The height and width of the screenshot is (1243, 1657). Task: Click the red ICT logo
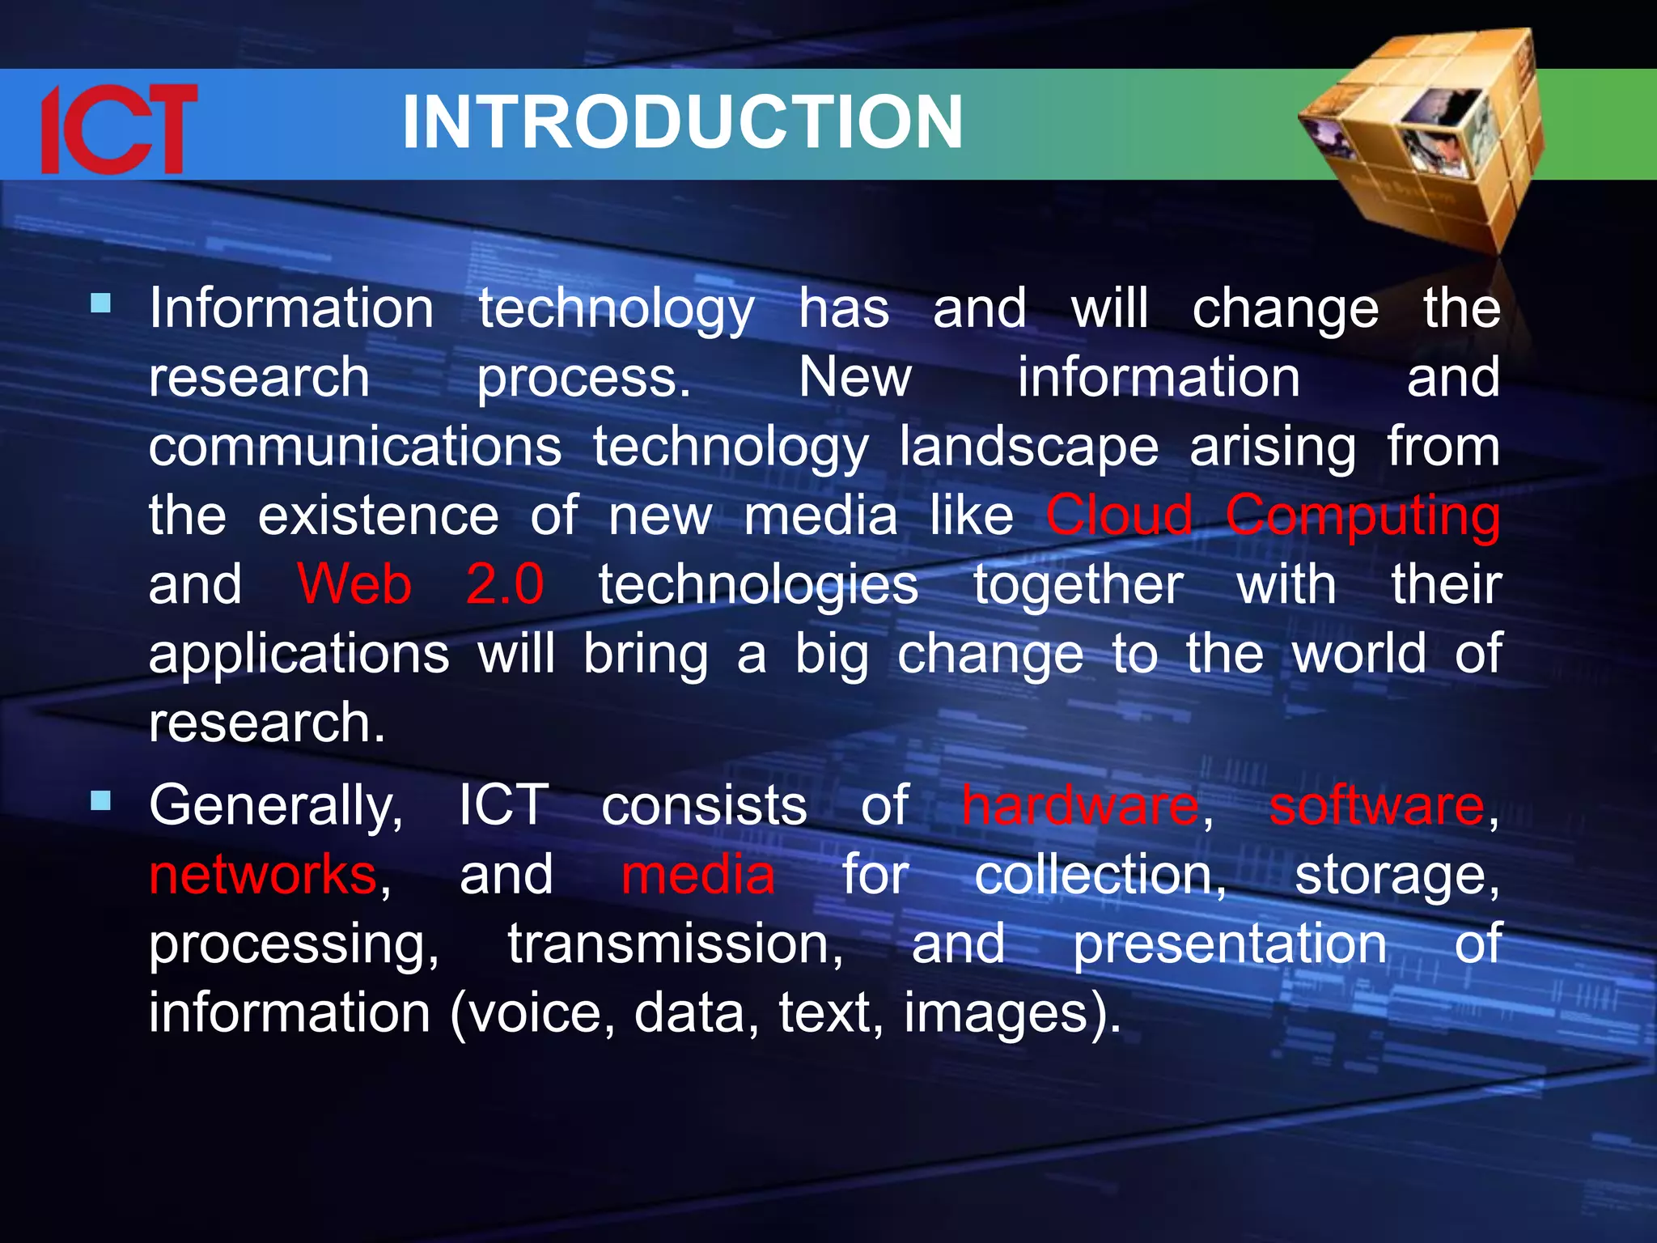click(x=119, y=129)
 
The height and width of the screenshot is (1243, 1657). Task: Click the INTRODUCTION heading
click(x=682, y=123)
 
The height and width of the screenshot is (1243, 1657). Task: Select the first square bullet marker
click(x=101, y=303)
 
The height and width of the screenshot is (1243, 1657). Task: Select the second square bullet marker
click(x=101, y=801)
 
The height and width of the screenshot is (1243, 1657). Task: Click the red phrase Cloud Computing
click(x=1273, y=515)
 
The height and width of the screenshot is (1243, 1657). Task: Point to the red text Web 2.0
click(x=420, y=584)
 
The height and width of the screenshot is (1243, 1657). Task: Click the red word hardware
click(x=1080, y=806)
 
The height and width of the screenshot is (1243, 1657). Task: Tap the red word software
click(x=1376, y=806)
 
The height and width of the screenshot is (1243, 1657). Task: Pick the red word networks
click(x=263, y=876)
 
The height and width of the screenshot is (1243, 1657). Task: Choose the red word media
click(x=697, y=876)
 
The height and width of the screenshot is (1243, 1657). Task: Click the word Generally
click(x=275, y=808)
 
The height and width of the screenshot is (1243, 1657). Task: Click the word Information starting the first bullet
click(x=291, y=308)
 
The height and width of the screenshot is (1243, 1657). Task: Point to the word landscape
click(x=1028, y=448)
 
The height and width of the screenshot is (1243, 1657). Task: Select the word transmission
click(x=675, y=945)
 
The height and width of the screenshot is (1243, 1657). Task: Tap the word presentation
click(x=1230, y=945)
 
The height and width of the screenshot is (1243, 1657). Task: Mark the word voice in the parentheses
click(x=534, y=1014)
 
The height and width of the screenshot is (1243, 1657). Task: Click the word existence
click(x=378, y=515)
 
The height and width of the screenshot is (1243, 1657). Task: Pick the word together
click(x=1078, y=584)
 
